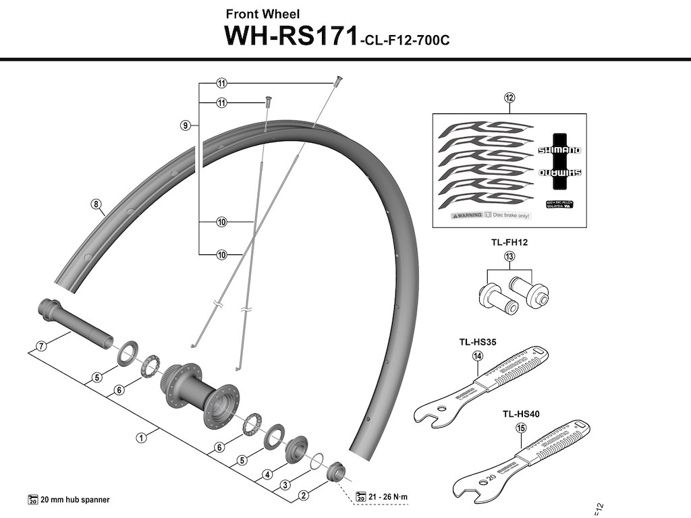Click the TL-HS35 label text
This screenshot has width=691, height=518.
(x=478, y=342)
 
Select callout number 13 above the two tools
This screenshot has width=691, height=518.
(x=509, y=256)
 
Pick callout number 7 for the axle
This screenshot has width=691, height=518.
(x=41, y=346)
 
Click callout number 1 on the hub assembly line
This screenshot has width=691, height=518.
(x=141, y=438)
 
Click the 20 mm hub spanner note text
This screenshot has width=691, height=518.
(x=74, y=500)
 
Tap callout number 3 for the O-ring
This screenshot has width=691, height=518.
(x=285, y=485)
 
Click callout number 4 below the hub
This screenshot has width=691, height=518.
(x=267, y=474)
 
